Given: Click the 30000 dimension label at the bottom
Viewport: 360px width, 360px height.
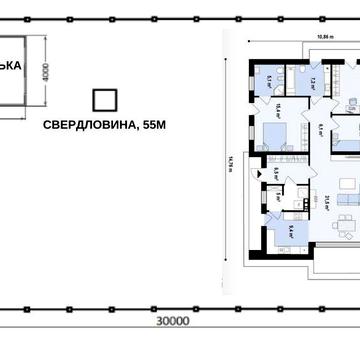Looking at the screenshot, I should point(173,322).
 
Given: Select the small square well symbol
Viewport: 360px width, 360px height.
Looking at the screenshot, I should point(103,100).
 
